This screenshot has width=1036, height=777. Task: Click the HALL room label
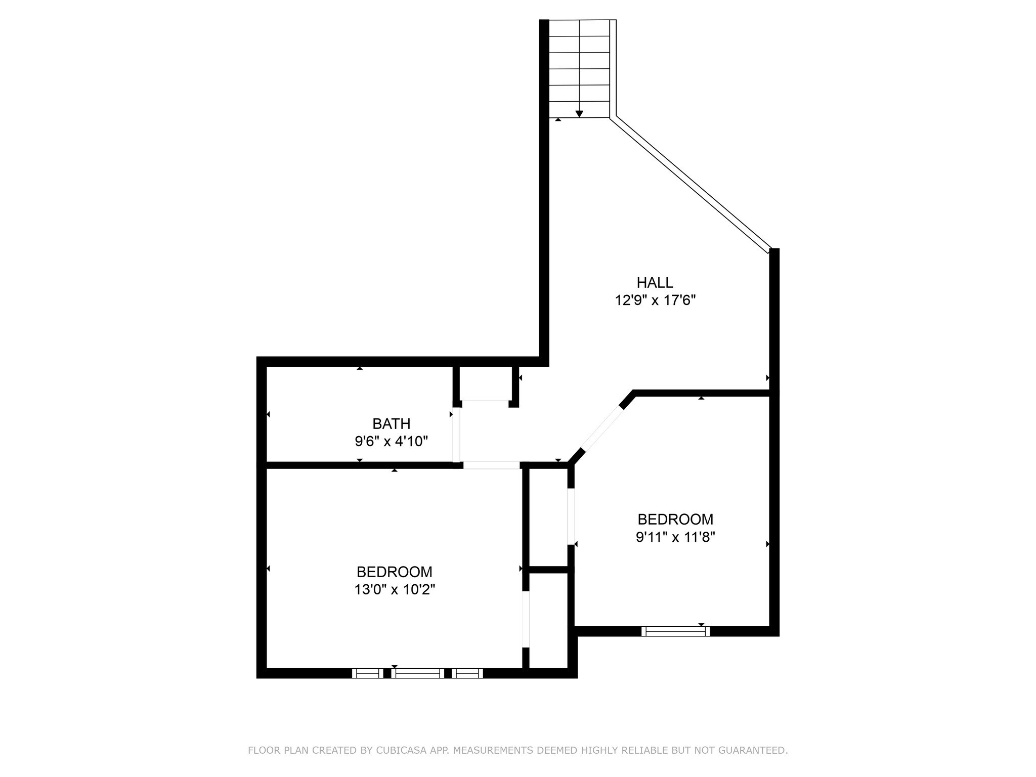(655, 282)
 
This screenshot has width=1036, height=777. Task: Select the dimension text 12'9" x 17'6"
(655, 300)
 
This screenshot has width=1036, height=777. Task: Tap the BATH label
(391, 423)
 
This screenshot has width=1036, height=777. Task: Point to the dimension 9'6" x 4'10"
(391, 442)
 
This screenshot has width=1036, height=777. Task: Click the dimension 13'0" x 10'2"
(395, 589)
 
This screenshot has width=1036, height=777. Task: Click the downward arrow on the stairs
(579, 113)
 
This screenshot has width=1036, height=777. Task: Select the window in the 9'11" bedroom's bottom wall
(675, 631)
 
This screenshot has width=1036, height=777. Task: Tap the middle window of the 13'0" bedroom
(417, 673)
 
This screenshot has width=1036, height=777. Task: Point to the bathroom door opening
(456, 435)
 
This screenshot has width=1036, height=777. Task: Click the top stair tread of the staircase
(579, 28)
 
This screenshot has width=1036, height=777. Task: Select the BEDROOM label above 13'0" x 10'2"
(395, 572)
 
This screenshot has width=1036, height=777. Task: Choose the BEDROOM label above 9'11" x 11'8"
(675, 519)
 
